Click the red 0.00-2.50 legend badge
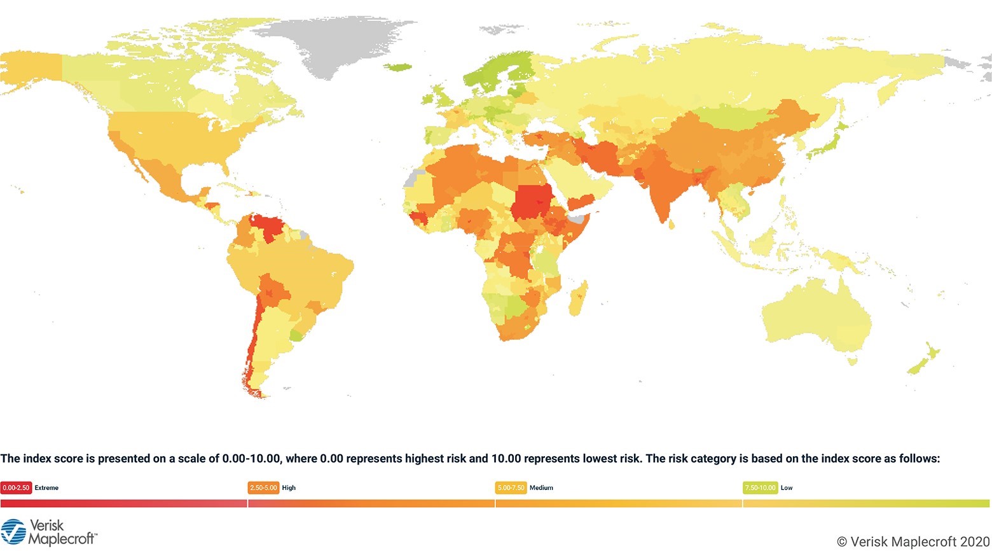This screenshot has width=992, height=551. tap(16, 488)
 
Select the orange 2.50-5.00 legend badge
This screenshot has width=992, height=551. tap(263, 488)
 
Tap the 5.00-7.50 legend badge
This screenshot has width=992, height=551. tap(511, 488)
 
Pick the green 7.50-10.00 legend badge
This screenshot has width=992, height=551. tap(760, 488)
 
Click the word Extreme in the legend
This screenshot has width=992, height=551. tap(46, 488)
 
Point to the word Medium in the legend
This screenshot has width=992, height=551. tap(541, 488)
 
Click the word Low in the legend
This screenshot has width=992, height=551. tap(787, 488)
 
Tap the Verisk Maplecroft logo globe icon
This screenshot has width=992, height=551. tap(13, 533)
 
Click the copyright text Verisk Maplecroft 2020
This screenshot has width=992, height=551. tap(913, 541)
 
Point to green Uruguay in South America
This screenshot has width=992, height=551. tap(296, 334)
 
